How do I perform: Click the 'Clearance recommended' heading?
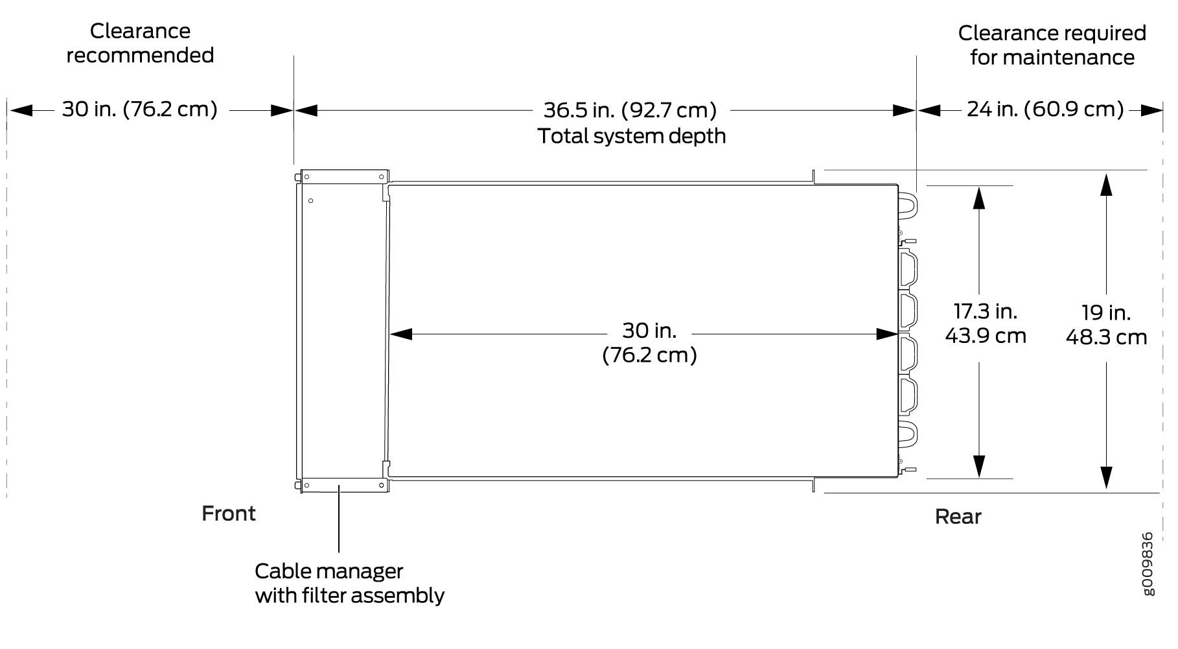click(140, 43)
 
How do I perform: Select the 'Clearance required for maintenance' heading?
click(1052, 45)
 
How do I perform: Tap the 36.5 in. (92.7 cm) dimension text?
click(630, 110)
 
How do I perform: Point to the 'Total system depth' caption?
click(632, 136)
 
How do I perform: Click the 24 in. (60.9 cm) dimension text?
click(1045, 109)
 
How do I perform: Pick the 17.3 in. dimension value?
click(985, 311)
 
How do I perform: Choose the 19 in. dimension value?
click(1106, 313)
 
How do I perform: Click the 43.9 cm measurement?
click(986, 336)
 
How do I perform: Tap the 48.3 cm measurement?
click(1106, 337)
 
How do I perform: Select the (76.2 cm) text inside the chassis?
click(649, 355)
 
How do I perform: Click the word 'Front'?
click(229, 513)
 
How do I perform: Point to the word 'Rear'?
click(958, 517)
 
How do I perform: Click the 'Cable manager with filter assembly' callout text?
click(350, 583)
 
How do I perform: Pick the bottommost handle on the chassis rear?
click(907, 433)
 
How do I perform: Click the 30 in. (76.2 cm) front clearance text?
click(140, 109)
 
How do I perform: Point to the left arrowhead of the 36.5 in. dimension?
click(306, 110)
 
